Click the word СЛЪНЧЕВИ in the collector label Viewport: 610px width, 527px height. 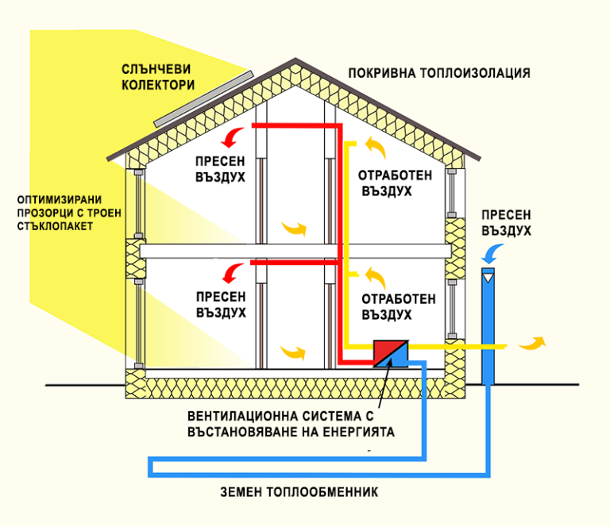tap(157, 68)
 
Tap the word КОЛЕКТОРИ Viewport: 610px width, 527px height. tap(157, 84)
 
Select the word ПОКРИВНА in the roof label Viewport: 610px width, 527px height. tap(382, 73)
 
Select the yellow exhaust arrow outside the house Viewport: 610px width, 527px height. tap(532, 343)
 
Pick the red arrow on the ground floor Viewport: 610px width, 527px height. tap(232, 273)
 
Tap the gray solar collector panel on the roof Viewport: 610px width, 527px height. tap(203, 98)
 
